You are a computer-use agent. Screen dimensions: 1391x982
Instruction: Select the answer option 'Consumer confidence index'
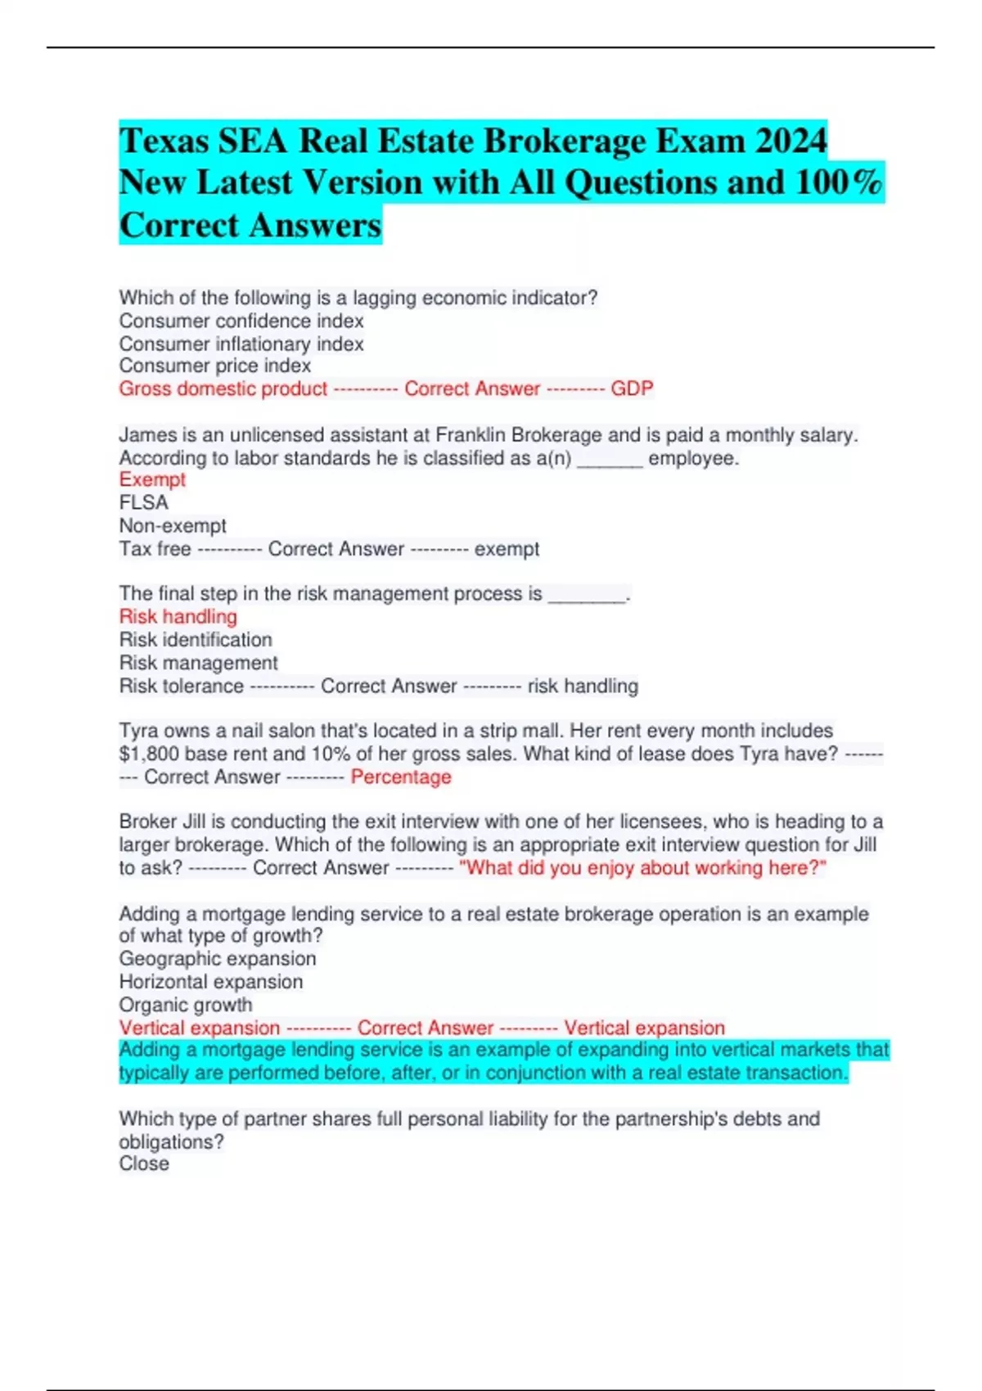pyautogui.click(x=241, y=321)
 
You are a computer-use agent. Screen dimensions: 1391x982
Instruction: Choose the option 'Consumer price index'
pyautogui.click(x=215, y=366)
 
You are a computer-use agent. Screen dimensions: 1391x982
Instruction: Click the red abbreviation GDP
pyautogui.click(x=632, y=389)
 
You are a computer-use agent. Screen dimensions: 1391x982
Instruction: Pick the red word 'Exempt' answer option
pyautogui.click(x=152, y=479)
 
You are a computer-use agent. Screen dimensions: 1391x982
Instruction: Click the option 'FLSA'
pyautogui.click(x=143, y=502)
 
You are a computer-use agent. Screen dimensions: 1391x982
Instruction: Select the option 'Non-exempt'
pyautogui.click(x=173, y=525)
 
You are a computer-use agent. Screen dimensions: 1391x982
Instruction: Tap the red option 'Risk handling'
pyautogui.click(x=178, y=616)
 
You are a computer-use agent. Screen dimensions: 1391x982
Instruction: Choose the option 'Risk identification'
pyautogui.click(x=196, y=639)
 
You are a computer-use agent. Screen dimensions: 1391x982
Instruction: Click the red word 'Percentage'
pyautogui.click(x=401, y=777)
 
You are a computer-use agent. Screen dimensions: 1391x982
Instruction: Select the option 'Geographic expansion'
pyautogui.click(x=218, y=958)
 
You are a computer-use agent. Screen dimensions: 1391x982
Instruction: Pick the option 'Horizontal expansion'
pyautogui.click(x=211, y=981)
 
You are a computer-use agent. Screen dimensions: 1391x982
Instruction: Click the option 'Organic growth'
pyautogui.click(x=186, y=1004)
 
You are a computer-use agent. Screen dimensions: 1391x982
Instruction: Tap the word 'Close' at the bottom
pyautogui.click(x=144, y=1164)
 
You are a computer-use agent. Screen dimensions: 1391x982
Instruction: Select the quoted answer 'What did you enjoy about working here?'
pyautogui.click(x=642, y=867)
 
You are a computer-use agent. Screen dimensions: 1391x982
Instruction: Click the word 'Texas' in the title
pyautogui.click(x=164, y=141)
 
